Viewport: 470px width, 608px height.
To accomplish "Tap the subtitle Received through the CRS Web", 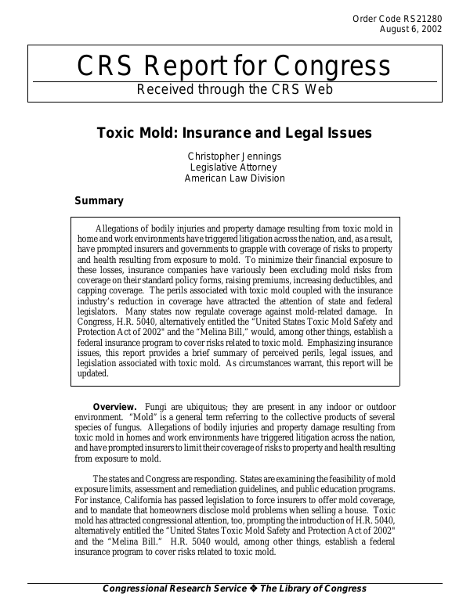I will click(235, 88).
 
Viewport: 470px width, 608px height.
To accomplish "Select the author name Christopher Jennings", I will click(234, 156).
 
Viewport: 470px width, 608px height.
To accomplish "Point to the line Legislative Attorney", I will click(234, 167).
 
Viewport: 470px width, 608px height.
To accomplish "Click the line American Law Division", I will click(234, 178).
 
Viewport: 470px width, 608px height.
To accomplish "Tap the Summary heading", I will click(99, 201).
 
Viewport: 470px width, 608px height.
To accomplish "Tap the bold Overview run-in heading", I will click(115, 408).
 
